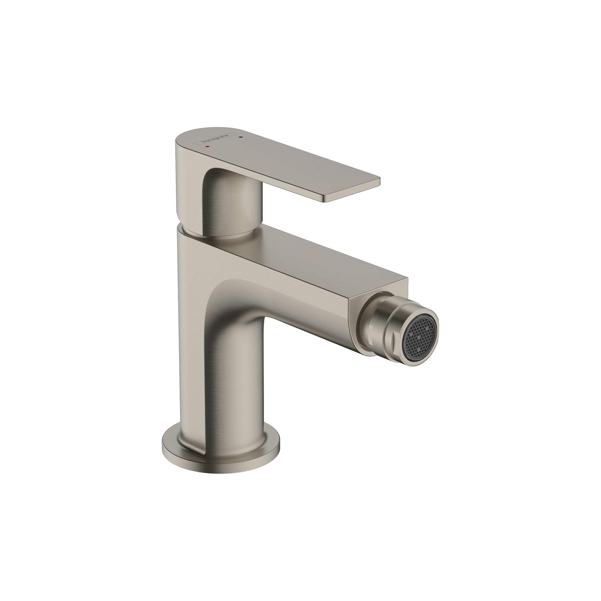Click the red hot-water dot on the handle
tap(207, 147)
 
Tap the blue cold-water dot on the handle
tap(240, 137)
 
